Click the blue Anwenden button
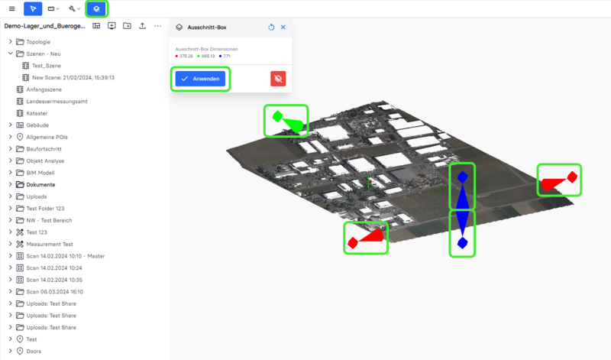[x=200, y=79]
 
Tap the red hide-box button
[x=278, y=79]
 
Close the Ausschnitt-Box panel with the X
[x=283, y=28]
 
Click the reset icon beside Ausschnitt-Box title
[x=271, y=28]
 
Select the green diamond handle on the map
[x=277, y=116]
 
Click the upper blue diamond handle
[x=462, y=177]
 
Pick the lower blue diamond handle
[x=462, y=243]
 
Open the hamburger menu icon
[x=12, y=8]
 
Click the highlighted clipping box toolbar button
[x=96, y=8]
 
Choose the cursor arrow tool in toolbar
[x=33, y=8]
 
